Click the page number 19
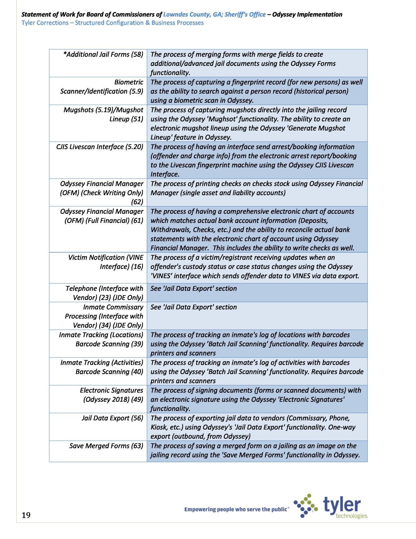click(x=26, y=515)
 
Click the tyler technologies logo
click(x=331, y=506)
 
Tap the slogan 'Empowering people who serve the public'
click(x=236, y=509)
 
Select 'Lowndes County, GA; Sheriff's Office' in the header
click(x=214, y=14)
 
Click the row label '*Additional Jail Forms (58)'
click(x=103, y=55)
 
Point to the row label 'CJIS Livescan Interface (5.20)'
click(x=100, y=147)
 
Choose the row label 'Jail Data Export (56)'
click(x=112, y=418)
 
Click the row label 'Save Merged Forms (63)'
click(x=106, y=446)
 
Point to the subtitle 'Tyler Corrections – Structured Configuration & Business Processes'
click(x=112, y=23)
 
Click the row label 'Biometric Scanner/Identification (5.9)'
click(x=101, y=87)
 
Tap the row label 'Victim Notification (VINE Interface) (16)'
click(x=105, y=262)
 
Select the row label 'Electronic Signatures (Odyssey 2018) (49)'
click(x=111, y=395)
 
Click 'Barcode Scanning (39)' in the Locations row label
click(x=109, y=344)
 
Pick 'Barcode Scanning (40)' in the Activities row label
click(x=109, y=372)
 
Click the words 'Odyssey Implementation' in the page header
click(x=307, y=14)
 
